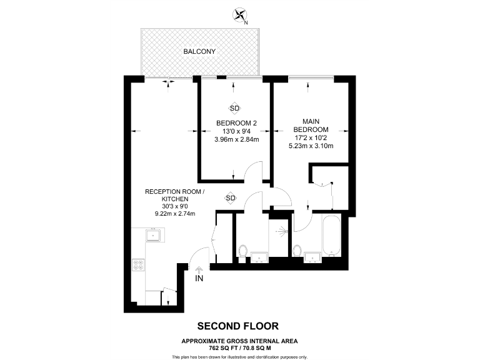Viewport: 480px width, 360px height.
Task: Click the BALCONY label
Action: click(199, 51)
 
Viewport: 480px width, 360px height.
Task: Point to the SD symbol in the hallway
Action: click(230, 198)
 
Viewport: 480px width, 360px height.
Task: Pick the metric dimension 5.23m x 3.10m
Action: click(310, 146)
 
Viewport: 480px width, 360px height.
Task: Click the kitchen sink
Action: click(154, 236)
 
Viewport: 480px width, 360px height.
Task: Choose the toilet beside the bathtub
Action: click(297, 251)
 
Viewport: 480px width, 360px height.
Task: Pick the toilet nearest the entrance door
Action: click(243, 251)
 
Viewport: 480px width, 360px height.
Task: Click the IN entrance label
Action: click(199, 278)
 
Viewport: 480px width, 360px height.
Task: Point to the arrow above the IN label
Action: click(199, 269)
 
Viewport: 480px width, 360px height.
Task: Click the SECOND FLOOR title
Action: click(238, 326)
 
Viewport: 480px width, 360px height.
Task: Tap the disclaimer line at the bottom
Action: click(239, 356)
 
